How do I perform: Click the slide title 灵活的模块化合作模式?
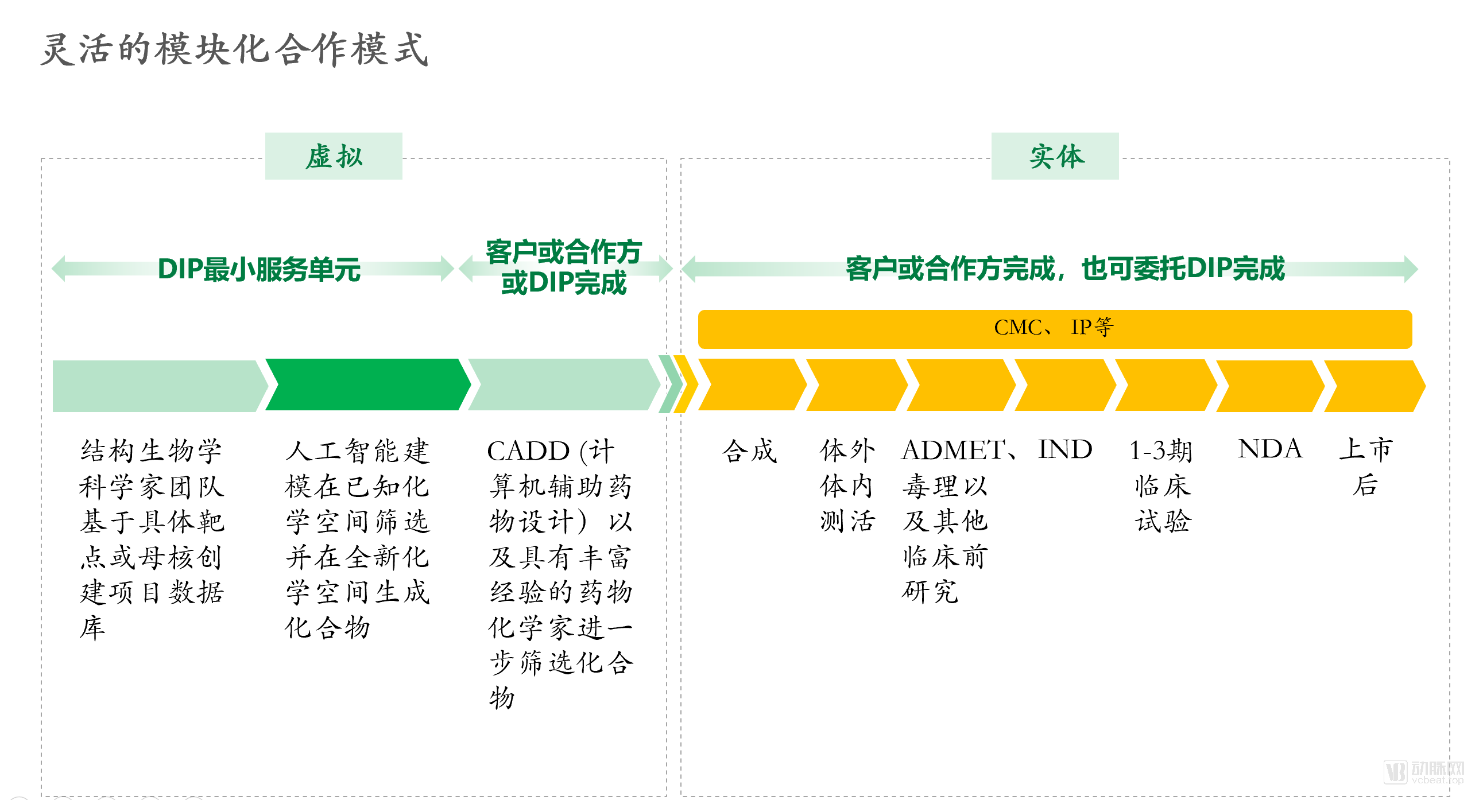pos(234,49)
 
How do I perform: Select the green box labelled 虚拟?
pos(334,156)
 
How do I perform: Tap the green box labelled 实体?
pos(1055,156)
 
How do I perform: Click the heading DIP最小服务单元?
pos(259,269)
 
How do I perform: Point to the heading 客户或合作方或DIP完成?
pos(563,267)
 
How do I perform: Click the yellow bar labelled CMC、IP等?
pos(1055,329)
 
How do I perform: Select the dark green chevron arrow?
pos(368,385)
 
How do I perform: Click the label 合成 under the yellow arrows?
pos(749,451)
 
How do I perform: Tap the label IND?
pos(1065,449)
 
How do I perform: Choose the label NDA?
pos(1270,449)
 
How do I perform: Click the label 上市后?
pos(1366,467)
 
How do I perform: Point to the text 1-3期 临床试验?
pos(1161,486)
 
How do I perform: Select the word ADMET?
pos(953,451)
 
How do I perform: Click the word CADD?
pos(528,451)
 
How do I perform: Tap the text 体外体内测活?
pos(847,486)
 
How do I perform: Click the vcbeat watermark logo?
pos(1423,772)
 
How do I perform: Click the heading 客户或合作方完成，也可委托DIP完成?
pos(1065,269)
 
